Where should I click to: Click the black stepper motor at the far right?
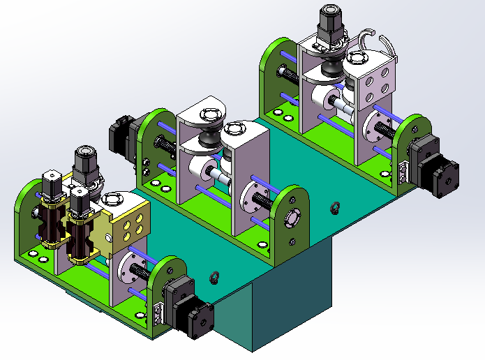[x=434, y=168]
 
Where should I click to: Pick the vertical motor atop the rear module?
[x=330, y=27]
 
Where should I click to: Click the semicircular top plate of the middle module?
[x=203, y=112]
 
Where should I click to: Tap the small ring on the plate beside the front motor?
[x=214, y=277]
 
